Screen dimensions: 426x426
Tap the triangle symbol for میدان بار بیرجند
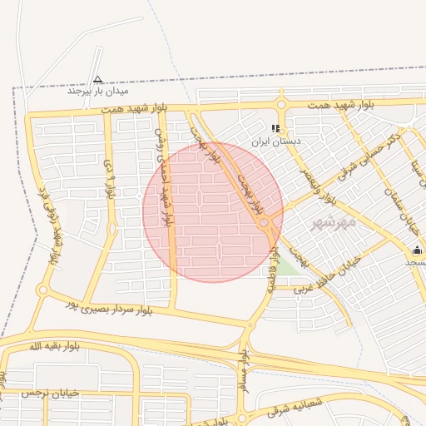coord(98,79)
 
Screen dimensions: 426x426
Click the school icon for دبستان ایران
coord(275,129)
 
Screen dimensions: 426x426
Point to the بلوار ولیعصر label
coord(339,187)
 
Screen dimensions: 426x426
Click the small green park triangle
coord(285,265)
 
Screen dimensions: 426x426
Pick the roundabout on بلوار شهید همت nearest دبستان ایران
coord(280,105)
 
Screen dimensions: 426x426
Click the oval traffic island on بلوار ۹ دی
coord(111,228)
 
